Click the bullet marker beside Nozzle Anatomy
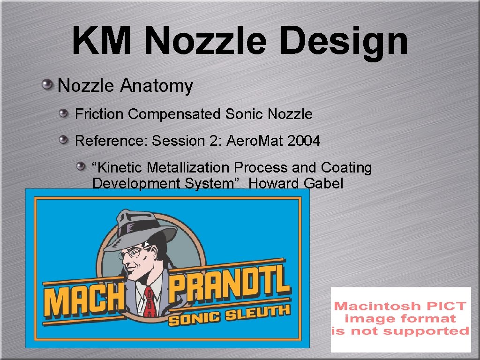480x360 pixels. click(47, 85)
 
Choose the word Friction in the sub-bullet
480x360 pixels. click(99, 114)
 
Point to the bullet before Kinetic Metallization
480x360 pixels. click(82, 165)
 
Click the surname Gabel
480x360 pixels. click(323, 183)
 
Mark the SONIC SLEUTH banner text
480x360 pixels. click(229, 315)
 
